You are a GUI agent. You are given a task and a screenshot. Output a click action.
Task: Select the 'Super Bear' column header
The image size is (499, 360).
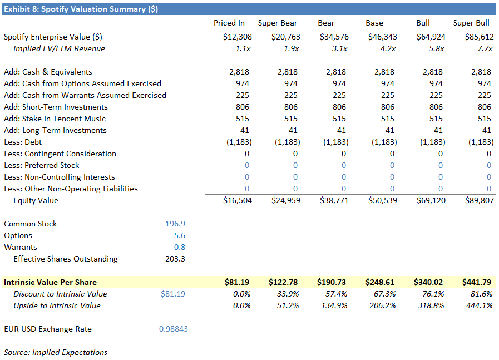tap(277, 23)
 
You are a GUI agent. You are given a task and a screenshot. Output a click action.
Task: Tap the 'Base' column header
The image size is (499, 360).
tap(374, 23)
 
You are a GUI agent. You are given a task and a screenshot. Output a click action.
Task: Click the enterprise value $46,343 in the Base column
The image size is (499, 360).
tap(382, 37)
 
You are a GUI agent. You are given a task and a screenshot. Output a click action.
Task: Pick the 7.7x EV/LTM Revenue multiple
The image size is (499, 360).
tap(485, 48)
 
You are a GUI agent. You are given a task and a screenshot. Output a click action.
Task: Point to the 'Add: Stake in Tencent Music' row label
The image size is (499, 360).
tap(55, 119)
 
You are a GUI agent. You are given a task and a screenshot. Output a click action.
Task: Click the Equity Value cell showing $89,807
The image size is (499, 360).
tap(479, 200)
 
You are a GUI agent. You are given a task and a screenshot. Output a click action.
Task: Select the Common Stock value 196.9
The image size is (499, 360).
tap(175, 224)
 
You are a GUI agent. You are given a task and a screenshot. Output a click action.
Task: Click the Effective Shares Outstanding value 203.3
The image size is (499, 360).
tap(175, 259)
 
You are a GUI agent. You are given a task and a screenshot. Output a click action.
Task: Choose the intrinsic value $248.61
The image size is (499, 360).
tap(383, 282)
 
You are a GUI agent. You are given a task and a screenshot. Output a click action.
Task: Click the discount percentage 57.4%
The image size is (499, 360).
tap(337, 294)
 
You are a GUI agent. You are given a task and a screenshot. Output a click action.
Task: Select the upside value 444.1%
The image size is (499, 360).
tap(481, 305)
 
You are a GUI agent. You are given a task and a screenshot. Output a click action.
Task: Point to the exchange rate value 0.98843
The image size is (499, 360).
tap(173, 329)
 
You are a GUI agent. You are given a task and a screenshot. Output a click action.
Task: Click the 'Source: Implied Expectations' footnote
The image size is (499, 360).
tap(56, 352)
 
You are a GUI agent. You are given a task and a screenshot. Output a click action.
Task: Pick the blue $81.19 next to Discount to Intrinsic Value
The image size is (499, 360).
tap(172, 294)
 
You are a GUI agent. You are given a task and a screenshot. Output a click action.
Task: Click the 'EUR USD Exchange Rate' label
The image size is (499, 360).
tap(48, 329)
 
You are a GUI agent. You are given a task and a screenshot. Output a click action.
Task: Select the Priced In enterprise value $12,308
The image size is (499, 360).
tap(238, 37)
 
